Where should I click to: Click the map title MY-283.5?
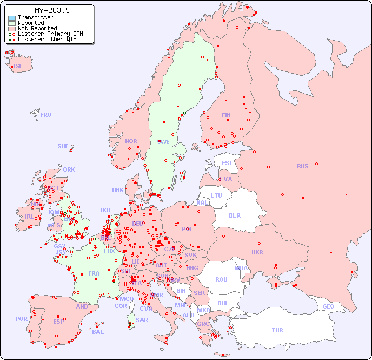[x=52, y=10]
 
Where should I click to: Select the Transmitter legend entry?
[x=35, y=17]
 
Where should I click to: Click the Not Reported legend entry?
[x=37, y=28]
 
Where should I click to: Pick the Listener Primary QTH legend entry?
[x=50, y=34]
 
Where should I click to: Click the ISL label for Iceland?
[x=18, y=67]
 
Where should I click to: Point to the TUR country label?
[x=277, y=330]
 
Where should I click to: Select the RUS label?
[x=302, y=166]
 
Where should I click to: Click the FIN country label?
[x=226, y=115]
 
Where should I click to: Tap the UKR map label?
[x=257, y=252]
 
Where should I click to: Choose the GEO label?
[x=328, y=306]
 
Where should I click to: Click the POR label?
[x=21, y=319]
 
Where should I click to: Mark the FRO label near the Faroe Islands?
[x=46, y=115]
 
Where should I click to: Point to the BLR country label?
[x=235, y=215]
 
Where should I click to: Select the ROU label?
[x=221, y=279]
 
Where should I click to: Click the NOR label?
[x=131, y=141]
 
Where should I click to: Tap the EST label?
[x=227, y=163]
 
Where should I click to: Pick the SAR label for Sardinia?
[x=142, y=320]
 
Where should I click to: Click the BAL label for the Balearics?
[x=97, y=332]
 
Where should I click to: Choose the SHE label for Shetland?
[x=63, y=146]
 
